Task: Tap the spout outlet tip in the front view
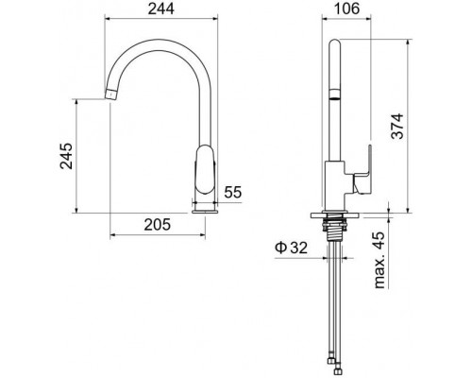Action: click(108, 93)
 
